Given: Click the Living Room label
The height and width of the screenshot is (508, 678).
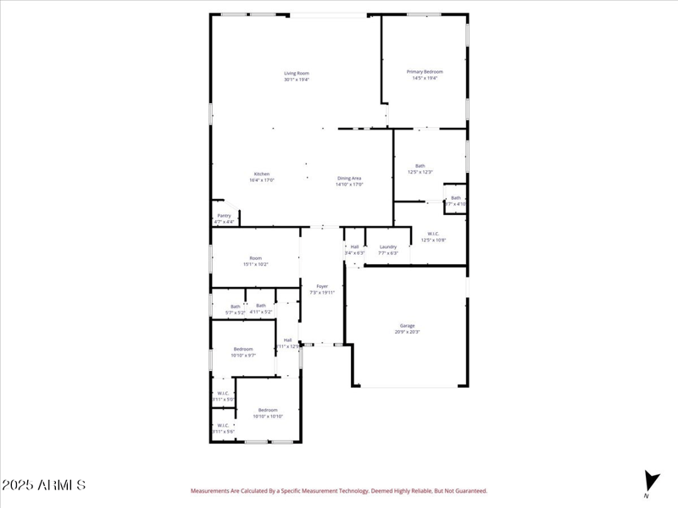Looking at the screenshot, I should point(297,73).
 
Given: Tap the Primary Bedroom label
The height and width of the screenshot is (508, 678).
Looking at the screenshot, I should point(425,72).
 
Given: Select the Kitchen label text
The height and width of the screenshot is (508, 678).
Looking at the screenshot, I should point(262,174).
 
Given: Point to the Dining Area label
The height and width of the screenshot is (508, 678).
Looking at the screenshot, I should point(349,178).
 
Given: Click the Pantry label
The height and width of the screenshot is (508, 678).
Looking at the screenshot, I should point(224,215).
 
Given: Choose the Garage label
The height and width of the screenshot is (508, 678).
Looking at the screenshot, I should point(407,325).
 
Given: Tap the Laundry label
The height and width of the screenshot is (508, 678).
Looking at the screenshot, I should point(388,246).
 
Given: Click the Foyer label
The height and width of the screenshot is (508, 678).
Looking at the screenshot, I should point(322,286).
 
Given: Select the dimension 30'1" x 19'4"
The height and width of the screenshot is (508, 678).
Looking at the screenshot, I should point(297,80).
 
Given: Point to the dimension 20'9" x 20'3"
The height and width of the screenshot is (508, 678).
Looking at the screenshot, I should point(407,332).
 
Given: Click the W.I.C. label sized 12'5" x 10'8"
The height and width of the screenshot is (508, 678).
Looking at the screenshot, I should point(433,234).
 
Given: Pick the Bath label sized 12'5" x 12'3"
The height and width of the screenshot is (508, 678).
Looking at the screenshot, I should point(420,166).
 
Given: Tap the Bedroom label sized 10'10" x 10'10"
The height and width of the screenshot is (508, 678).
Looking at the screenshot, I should point(268,410).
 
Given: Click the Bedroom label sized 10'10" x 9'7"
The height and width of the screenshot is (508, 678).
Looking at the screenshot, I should point(243,349).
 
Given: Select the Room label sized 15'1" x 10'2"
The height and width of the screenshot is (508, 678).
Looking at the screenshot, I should point(255,258).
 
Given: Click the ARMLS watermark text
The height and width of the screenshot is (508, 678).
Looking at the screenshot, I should point(43,485).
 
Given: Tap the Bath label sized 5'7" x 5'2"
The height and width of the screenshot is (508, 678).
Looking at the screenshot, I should point(236,306).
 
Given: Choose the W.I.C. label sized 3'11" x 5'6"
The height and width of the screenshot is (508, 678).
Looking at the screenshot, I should point(223,425).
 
